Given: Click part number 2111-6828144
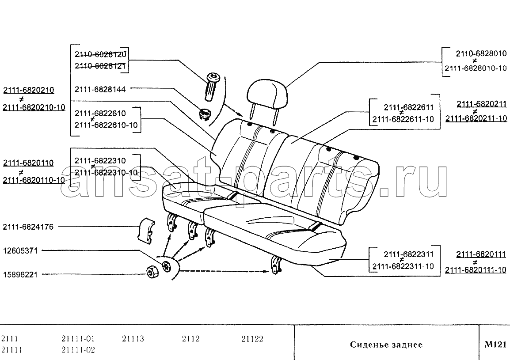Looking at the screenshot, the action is (100, 89).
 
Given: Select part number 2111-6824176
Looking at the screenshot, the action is (28, 227).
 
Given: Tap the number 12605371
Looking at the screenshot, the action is (20, 251).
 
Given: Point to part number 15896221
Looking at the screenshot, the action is (20, 274).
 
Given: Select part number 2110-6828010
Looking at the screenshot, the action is (481, 53).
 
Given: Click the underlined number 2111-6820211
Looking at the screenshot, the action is (482, 104).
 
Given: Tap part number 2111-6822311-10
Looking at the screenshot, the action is (403, 266).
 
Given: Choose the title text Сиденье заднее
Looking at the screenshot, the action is (386, 345).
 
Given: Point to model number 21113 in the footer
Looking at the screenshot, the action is (133, 338).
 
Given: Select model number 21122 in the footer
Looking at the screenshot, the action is (252, 338).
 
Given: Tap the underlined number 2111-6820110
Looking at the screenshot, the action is (28, 163).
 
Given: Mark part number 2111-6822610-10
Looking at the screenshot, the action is (106, 125).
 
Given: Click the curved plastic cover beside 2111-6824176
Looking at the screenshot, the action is (146, 231).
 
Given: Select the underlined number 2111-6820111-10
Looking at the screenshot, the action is (476, 269).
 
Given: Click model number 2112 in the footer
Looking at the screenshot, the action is (190, 338).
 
